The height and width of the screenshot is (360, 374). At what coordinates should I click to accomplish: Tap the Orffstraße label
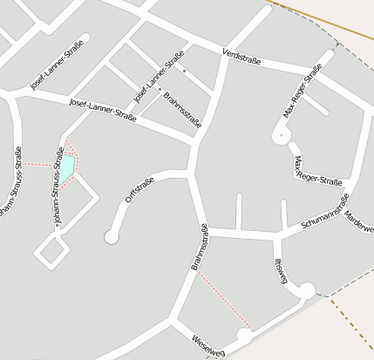139,190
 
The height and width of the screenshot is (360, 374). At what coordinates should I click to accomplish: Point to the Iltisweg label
281,271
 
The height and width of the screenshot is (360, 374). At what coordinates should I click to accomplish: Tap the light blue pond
65,166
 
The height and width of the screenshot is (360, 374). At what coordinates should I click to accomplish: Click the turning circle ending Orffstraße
112,235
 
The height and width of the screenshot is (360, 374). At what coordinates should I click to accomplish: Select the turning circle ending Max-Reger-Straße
281,136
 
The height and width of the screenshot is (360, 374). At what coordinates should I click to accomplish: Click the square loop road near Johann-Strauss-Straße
52,250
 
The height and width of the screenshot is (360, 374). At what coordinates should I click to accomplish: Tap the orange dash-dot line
352,327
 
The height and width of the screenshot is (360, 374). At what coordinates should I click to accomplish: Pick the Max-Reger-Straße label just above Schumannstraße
317,172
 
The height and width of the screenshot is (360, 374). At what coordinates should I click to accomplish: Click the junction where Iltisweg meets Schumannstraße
277,234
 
